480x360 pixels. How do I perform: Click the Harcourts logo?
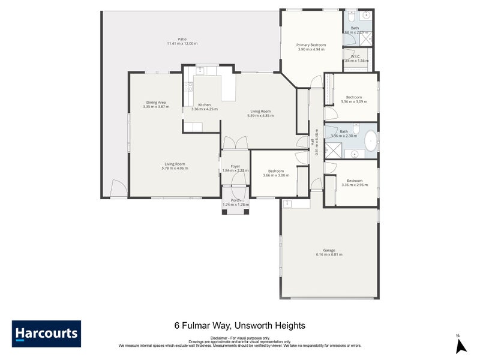(46, 334)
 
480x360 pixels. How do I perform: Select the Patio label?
(182, 39)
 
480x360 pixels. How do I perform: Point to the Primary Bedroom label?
(311, 45)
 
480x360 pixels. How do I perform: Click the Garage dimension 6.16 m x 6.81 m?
(329, 254)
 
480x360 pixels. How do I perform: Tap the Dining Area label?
(156, 102)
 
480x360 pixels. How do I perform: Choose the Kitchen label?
(204, 105)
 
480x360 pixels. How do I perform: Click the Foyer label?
(235, 166)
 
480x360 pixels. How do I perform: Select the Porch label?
(235, 200)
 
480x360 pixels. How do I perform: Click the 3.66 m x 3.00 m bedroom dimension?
(276, 175)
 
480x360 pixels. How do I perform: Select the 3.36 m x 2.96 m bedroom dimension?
(354, 185)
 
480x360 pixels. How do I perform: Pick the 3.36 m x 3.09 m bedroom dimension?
(354, 101)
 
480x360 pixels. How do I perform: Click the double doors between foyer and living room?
(235, 143)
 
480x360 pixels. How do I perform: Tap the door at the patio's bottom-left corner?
(119, 190)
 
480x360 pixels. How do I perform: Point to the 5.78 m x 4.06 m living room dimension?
(175, 168)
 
